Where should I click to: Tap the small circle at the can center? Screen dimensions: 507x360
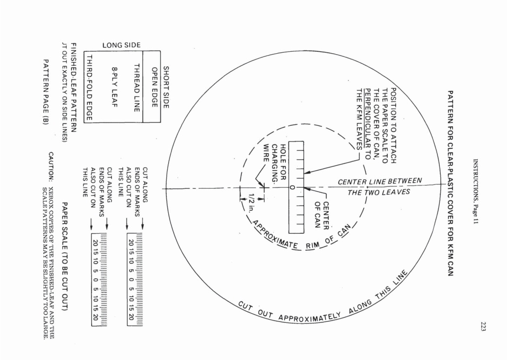(292, 187)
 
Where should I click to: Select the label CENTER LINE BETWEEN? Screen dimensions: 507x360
(380, 183)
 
